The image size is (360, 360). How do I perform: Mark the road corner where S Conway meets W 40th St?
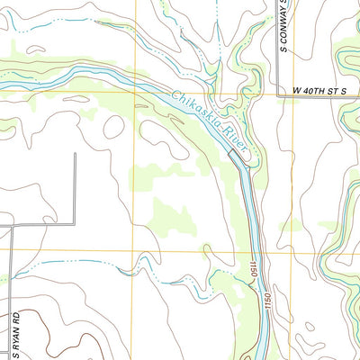point(274,90)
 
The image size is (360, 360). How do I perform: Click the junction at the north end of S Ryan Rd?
point(13,224)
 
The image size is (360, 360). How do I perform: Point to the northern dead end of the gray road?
point(75,153)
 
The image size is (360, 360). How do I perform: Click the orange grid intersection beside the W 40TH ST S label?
point(275,91)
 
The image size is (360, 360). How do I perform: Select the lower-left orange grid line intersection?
point(134,251)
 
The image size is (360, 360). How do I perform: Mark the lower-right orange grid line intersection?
point(275,251)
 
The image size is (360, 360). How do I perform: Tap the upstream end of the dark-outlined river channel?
point(230,153)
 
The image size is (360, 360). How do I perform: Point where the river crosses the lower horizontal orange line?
point(253,251)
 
